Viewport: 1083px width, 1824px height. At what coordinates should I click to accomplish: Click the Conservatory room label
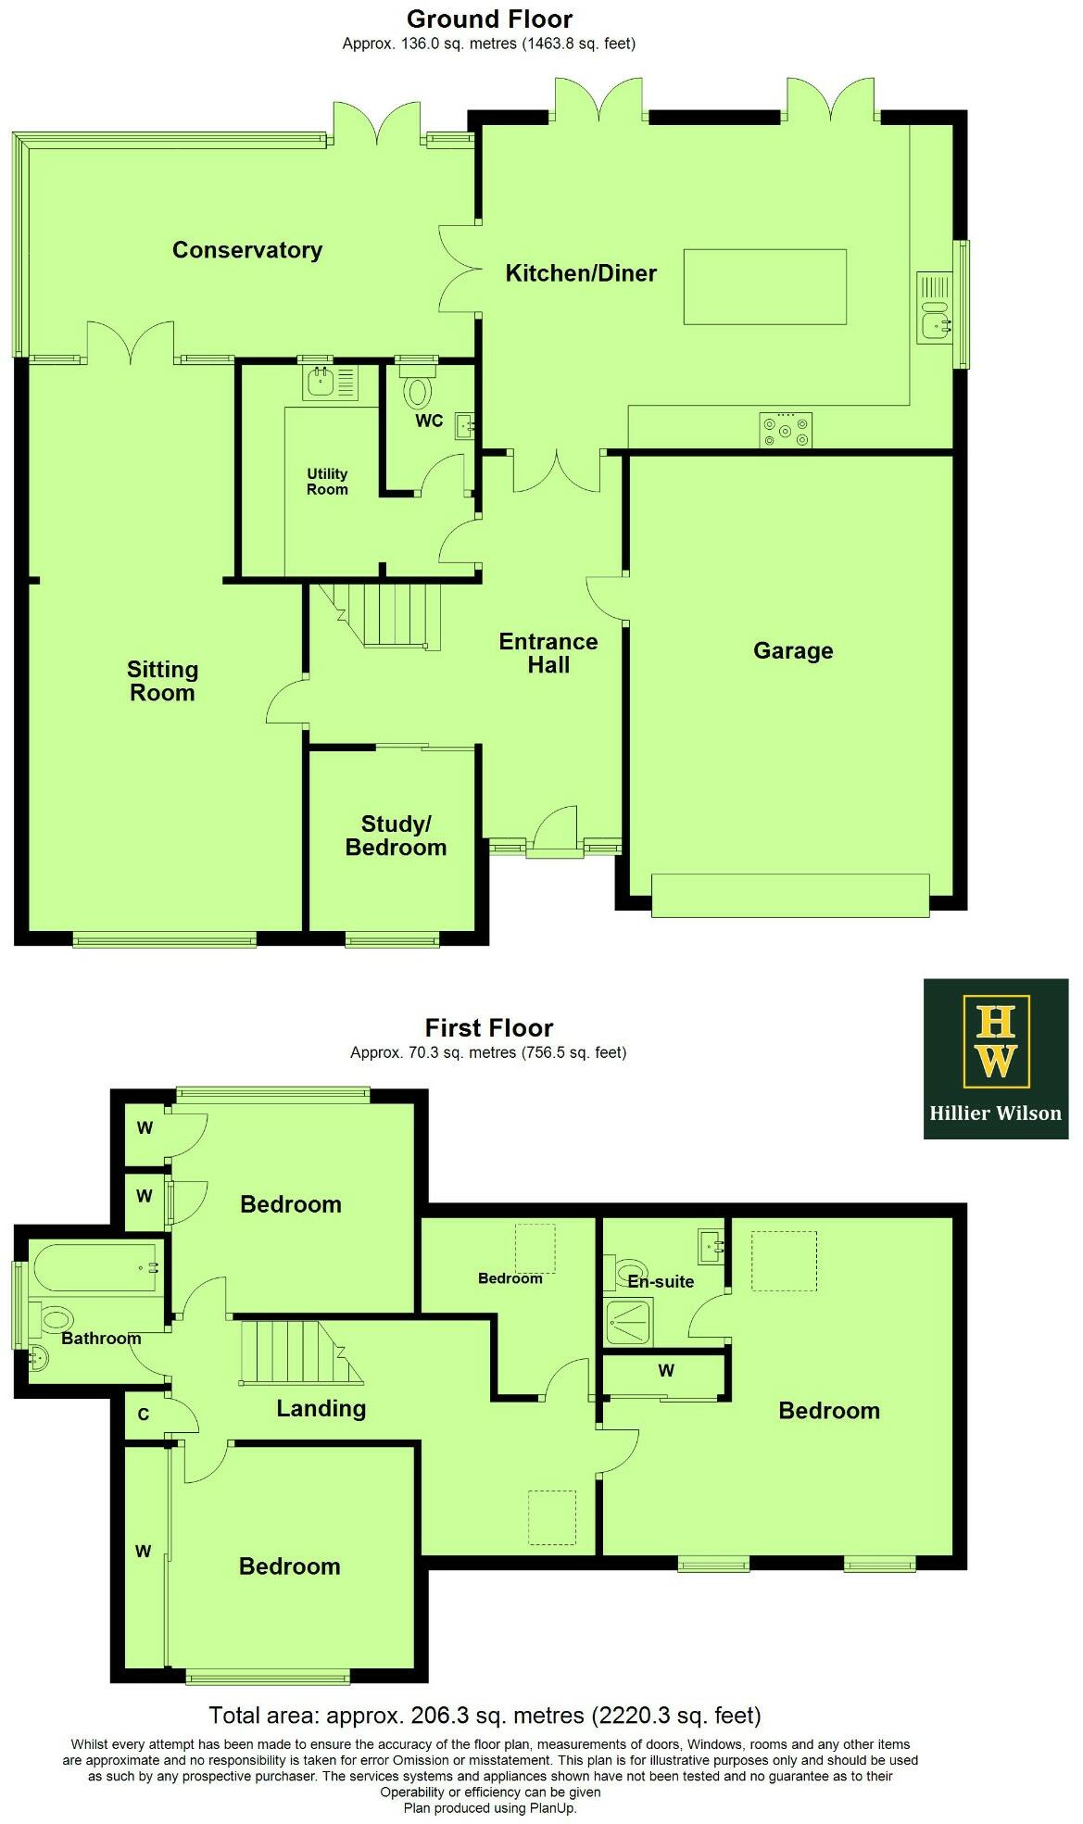[247, 250]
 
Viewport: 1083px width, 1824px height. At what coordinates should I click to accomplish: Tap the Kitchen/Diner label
[581, 273]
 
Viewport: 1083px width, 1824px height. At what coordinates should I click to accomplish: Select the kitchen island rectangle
[764, 286]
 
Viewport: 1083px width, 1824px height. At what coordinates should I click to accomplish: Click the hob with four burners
[785, 429]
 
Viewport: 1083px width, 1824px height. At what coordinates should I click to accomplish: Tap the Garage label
[793, 651]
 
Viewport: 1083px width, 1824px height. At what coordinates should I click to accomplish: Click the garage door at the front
[790, 895]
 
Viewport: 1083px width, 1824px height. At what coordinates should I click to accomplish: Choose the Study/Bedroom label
[396, 836]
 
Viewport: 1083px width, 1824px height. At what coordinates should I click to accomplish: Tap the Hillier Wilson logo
[995, 1058]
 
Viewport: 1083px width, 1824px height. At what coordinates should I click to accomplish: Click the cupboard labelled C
[144, 1415]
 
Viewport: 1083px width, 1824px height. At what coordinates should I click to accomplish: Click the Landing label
[321, 1409]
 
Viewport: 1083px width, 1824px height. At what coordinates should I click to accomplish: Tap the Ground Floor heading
[489, 19]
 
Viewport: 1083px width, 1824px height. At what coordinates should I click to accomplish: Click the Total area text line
[485, 1715]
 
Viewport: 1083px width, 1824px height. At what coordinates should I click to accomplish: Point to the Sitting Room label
[162, 681]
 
